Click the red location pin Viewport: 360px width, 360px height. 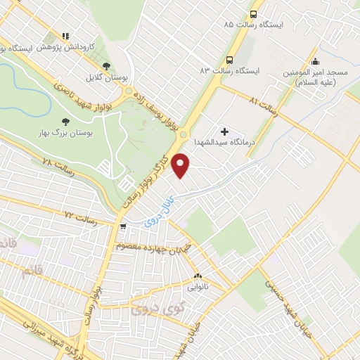(181, 165)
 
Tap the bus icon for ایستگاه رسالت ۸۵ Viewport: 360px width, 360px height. (254, 13)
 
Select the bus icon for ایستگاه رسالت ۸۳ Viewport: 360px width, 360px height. (230, 60)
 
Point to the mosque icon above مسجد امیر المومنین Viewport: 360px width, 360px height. (316, 60)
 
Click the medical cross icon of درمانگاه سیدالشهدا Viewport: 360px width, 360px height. (225, 131)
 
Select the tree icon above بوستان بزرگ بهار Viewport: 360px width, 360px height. (66, 122)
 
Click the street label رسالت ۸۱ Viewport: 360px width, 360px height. (264, 106)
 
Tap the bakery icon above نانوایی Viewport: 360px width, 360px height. (197, 276)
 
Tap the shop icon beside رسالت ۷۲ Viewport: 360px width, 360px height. (123, 227)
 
